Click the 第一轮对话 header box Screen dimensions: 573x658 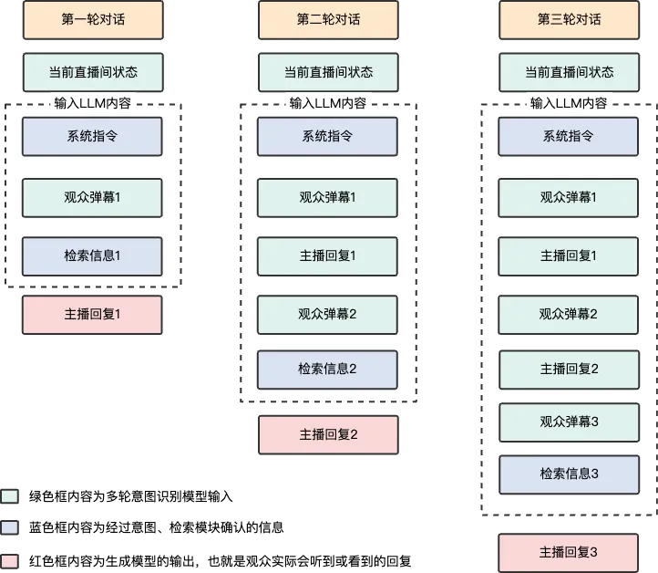pos(92,20)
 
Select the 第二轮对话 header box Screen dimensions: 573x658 pos(328,20)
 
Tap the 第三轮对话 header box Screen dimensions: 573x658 pos(569,20)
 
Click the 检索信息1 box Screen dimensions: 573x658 pos(92,256)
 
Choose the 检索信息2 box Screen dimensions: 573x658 pos(327,370)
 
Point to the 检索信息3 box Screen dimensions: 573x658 pos(569,474)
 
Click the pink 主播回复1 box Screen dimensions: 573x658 pos(92,315)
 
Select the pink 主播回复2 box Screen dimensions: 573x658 pos(328,435)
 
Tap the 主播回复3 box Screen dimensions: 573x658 pos(569,553)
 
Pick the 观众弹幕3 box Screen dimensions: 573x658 pos(569,422)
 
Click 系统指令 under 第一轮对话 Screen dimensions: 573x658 pos(92,137)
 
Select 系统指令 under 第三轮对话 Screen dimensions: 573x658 pos(569,137)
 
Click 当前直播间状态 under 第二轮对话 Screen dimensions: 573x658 pos(328,73)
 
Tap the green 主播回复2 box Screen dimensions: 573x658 pos(569,370)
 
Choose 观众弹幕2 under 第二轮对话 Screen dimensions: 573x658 pos(327,315)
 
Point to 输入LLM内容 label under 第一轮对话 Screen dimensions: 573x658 pos(92,102)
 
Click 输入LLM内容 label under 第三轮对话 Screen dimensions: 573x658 pos(569,103)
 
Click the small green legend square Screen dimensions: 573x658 pos(9,496)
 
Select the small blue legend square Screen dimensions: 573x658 pos(9,528)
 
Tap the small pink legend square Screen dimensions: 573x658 pos(9,560)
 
